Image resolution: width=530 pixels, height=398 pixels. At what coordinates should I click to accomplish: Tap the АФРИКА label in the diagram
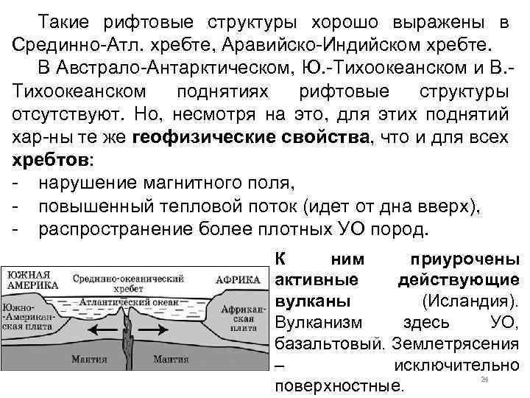(x=238, y=280)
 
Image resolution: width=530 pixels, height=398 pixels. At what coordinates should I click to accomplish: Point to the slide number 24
(x=484, y=379)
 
